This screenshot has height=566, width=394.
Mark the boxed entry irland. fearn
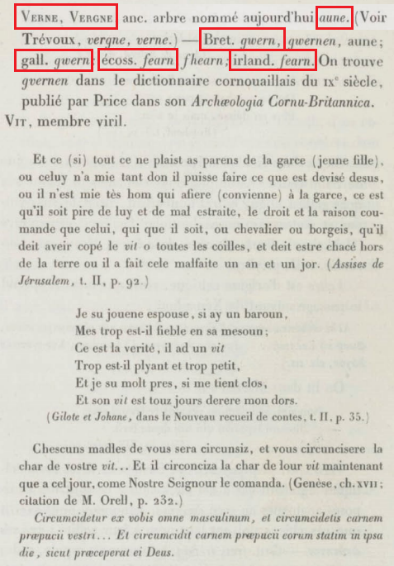tap(273, 60)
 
